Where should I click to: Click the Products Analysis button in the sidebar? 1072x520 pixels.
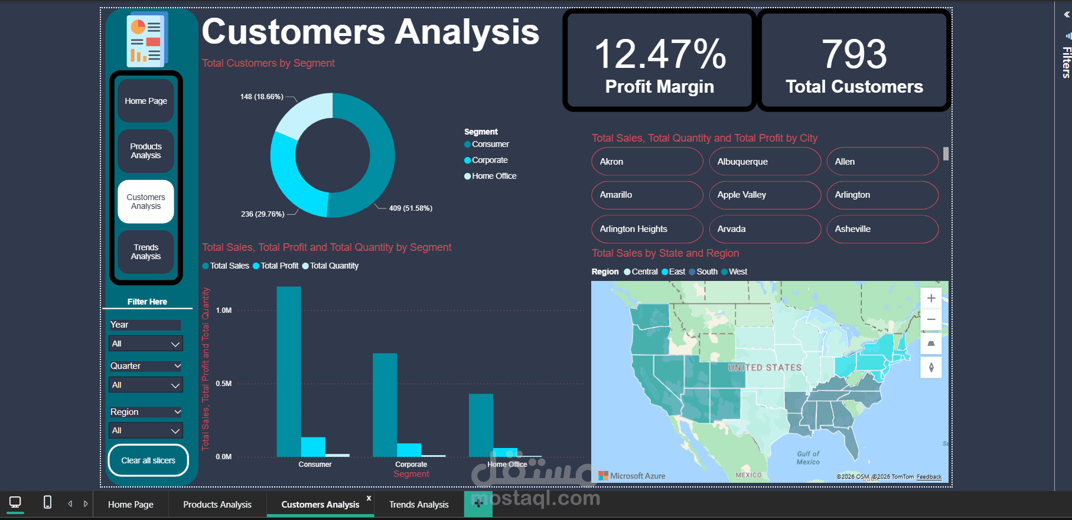[x=146, y=151]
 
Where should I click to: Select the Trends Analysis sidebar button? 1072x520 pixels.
[x=146, y=252]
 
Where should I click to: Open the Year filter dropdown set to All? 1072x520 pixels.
[x=146, y=344]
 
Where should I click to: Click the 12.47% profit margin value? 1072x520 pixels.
[x=660, y=54]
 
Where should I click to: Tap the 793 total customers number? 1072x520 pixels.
[x=854, y=54]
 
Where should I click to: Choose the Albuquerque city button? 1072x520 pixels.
[x=765, y=162]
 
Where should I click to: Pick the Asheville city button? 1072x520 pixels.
[x=882, y=229]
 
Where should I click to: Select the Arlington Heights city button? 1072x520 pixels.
[x=647, y=229]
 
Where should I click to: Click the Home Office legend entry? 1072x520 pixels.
[x=494, y=176]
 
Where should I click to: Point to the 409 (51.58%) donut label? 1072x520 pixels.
[x=410, y=208]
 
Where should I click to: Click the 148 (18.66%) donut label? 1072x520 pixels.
[x=262, y=97]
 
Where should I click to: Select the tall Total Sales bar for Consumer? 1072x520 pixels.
[x=289, y=372]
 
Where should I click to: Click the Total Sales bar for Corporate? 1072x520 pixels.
[x=385, y=405]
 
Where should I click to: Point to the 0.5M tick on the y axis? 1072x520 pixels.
[x=224, y=384]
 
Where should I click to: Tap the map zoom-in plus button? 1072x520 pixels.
[x=931, y=299]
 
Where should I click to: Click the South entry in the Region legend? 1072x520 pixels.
[x=706, y=272]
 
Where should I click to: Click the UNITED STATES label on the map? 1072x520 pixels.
[x=765, y=368]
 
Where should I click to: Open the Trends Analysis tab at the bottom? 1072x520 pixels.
[x=419, y=505]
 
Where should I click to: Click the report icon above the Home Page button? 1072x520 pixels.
[x=146, y=40]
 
